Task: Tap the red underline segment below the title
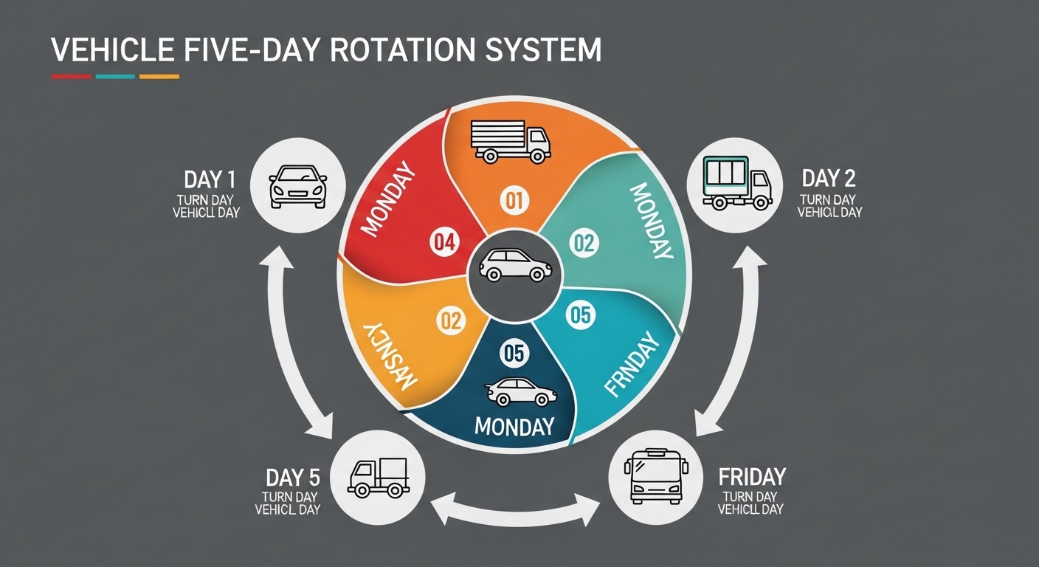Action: pyautogui.click(x=72, y=76)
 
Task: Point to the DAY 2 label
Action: pyautogui.click(x=829, y=178)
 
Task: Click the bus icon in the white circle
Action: pyautogui.click(x=656, y=478)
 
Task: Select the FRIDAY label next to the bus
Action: pyautogui.click(x=752, y=476)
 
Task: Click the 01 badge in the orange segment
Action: pyautogui.click(x=514, y=199)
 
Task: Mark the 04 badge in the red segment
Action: pyautogui.click(x=445, y=242)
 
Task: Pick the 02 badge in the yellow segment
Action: pyautogui.click(x=451, y=321)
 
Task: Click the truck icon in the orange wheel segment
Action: pyautogui.click(x=511, y=141)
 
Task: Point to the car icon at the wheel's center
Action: pyautogui.click(x=515, y=264)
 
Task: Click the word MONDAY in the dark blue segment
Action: pyautogui.click(x=514, y=426)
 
